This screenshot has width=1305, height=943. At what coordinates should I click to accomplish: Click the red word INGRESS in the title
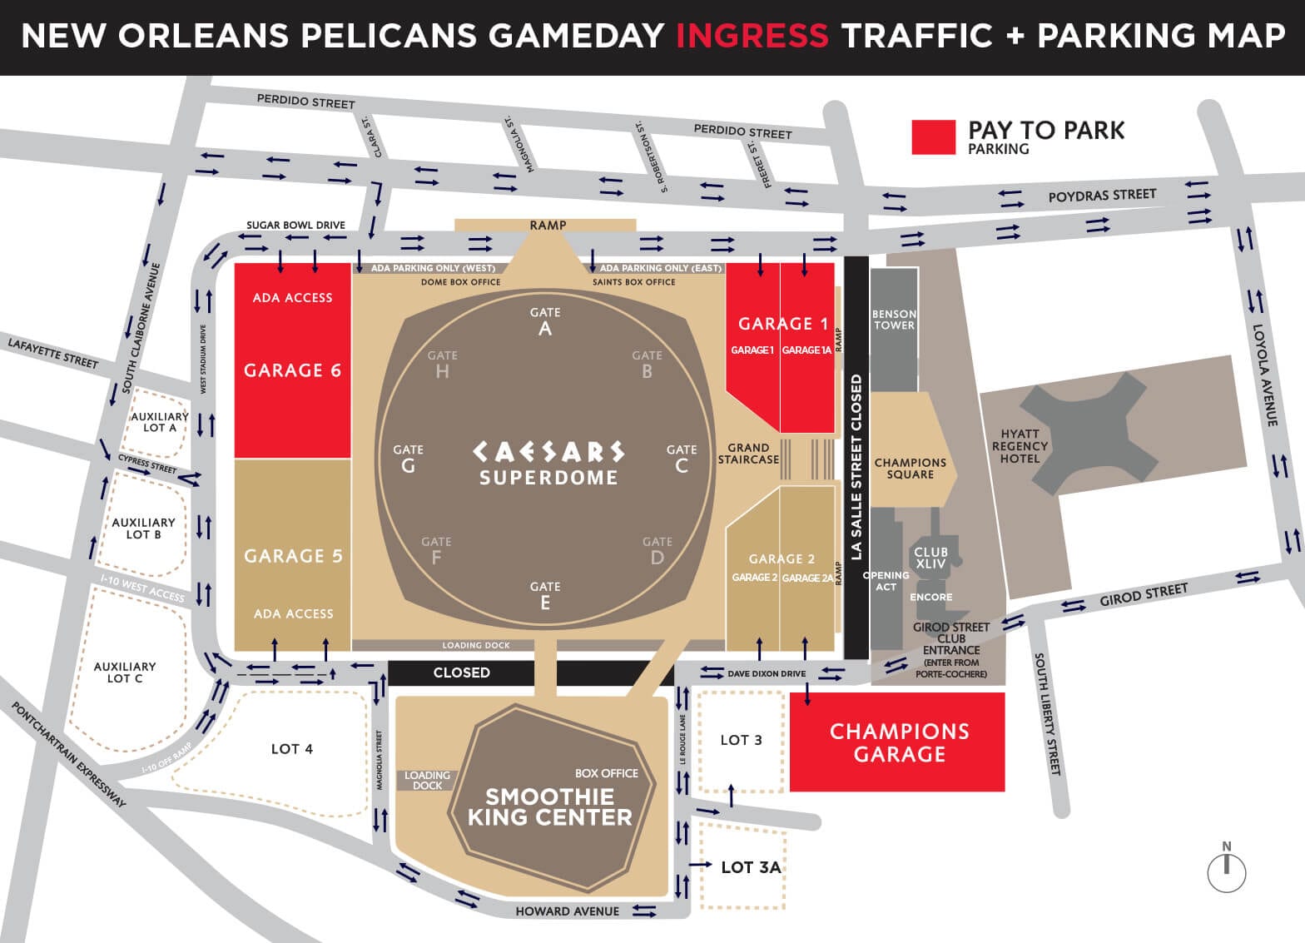(x=752, y=36)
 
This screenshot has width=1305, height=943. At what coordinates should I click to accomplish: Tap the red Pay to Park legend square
(x=933, y=137)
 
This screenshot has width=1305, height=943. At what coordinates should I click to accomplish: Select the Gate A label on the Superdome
(x=545, y=321)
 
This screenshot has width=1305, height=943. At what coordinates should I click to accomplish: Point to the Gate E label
(x=545, y=595)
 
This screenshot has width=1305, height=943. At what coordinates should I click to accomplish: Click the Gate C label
(x=682, y=458)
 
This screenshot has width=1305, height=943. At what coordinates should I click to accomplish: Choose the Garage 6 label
(x=292, y=370)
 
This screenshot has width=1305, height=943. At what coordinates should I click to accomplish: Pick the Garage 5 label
(x=293, y=556)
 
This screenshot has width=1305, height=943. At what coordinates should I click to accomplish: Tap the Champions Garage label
(x=899, y=742)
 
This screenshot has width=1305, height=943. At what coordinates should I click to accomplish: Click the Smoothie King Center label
(x=549, y=807)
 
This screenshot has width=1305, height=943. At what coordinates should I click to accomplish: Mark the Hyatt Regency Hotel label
(x=1020, y=446)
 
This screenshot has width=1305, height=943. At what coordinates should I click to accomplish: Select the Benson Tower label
(x=894, y=320)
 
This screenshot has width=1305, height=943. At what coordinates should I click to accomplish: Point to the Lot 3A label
(x=751, y=867)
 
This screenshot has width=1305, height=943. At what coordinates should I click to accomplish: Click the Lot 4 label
(x=292, y=749)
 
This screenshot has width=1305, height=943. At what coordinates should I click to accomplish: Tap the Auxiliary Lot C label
(x=125, y=673)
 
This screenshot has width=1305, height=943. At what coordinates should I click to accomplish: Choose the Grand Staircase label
(x=748, y=454)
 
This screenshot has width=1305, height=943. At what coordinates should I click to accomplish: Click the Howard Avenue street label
(x=567, y=911)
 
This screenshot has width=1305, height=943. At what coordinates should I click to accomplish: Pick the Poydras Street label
(x=1102, y=196)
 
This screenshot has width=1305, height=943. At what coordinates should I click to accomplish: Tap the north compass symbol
(x=1227, y=868)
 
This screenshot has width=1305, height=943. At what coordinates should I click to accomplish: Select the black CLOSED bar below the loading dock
(x=462, y=673)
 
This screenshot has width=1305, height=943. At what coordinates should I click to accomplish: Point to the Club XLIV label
(x=930, y=558)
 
